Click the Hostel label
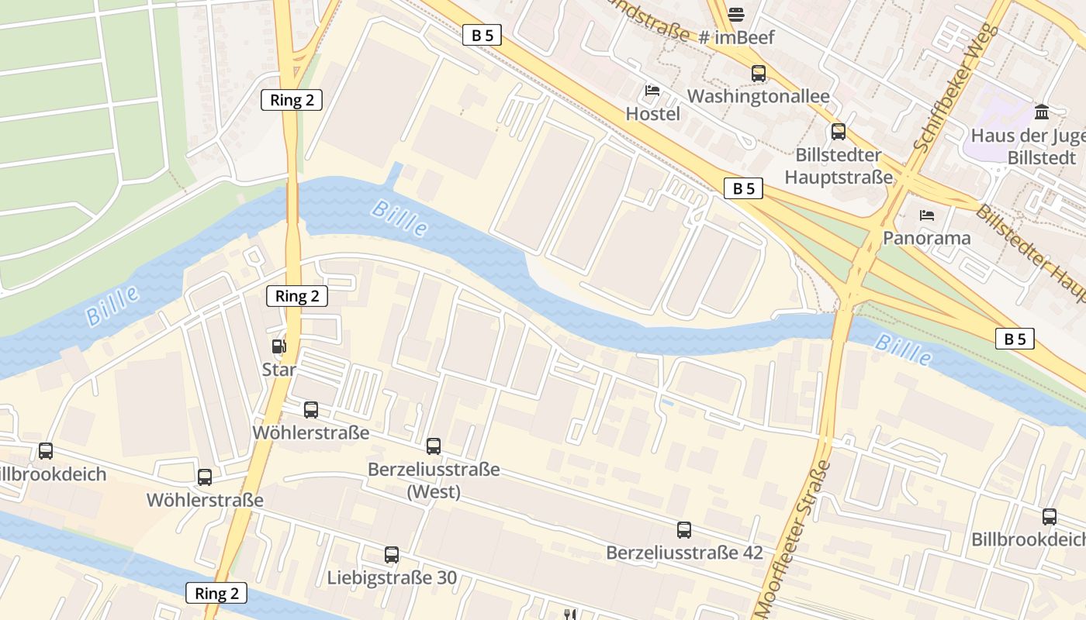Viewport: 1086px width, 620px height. click(x=652, y=114)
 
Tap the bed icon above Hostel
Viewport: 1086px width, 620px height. click(x=652, y=91)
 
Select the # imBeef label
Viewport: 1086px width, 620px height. click(x=736, y=36)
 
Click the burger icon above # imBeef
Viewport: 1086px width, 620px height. click(x=736, y=13)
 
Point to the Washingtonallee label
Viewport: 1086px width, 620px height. click(x=758, y=96)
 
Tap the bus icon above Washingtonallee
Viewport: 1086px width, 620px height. click(x=759, y=74)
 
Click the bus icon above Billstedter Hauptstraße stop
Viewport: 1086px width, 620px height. click(x=838, y=131)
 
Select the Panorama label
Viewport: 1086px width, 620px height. click(x=926, y=238)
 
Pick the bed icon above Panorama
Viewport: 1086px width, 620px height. click(x=926, y=215)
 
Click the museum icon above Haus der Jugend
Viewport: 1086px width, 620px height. click(x=1042, y=112)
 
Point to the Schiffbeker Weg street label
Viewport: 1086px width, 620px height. click(x=955, y=88)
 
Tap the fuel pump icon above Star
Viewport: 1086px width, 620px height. click(x=278, y=346)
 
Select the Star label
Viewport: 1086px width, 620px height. click(x=278, y=370)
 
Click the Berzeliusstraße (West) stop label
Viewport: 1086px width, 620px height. click(x=434, y=480)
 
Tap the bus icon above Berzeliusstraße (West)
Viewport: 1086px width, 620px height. click(x=434, y=446)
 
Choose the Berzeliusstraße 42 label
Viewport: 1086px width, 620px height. click(x=684, y=553)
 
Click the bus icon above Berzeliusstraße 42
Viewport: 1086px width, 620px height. click(x=684, y=530)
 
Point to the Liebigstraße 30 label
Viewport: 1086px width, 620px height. click(x=392, y=577)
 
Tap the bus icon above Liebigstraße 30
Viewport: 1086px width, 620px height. click(x=392, y=555)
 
